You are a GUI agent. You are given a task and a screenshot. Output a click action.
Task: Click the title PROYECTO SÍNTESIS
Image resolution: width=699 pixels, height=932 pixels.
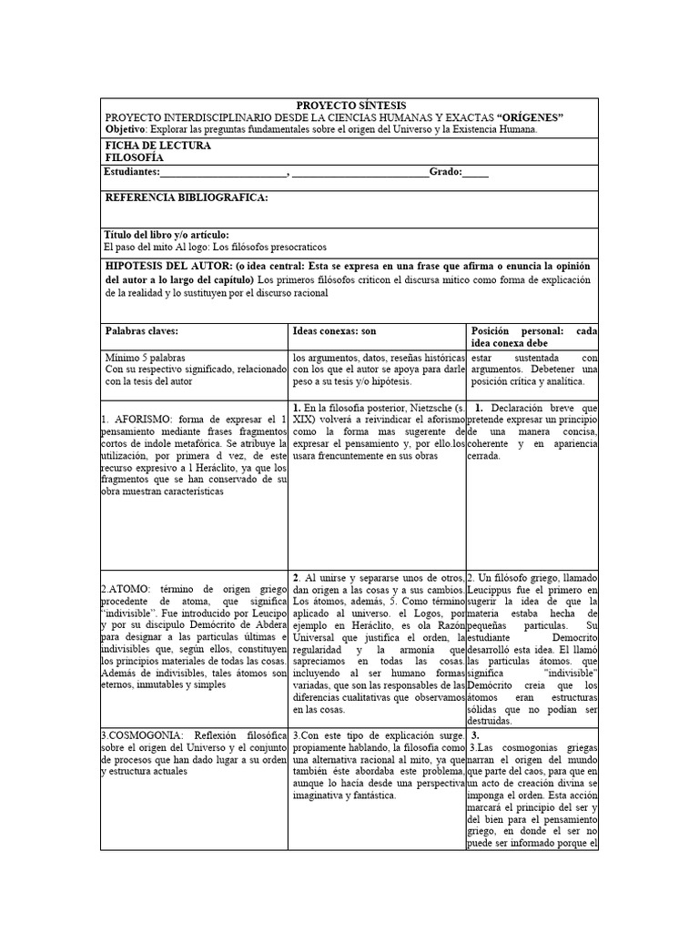(x=350, y=106)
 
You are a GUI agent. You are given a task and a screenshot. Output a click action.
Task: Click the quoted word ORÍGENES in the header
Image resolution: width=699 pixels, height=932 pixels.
(x=531, y=117)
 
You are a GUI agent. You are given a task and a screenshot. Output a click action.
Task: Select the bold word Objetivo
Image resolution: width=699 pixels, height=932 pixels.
(x=127, y=129)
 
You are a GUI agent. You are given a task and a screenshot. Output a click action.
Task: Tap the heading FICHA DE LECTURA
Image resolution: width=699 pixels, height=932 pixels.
(x=157, y=145)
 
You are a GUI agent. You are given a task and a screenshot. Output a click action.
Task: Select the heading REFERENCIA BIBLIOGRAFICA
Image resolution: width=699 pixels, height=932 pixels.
(x=187, y=198)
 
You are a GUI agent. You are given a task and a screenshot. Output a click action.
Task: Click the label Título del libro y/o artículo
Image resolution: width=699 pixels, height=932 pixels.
(x=167, y=234)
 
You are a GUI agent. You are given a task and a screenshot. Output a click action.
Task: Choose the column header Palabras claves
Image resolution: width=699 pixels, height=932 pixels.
(x=141, y=331)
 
